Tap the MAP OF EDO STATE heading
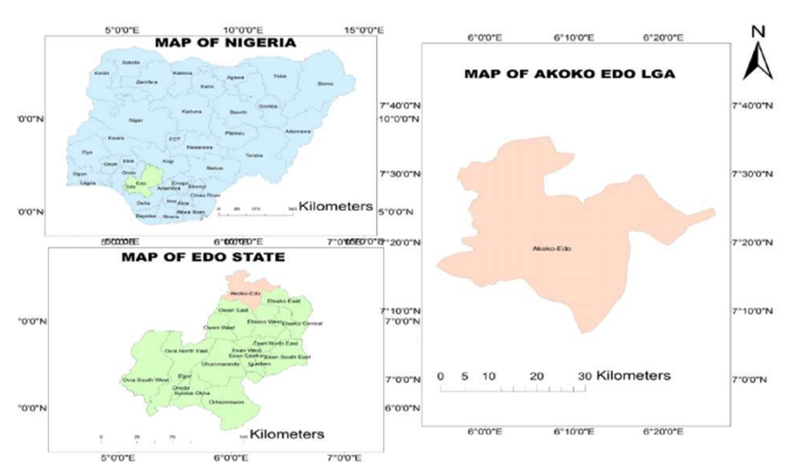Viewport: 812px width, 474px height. pyautogui.click(x=203, y=257)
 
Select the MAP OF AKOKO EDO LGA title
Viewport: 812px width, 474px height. pyautogui.click(x=569, y=74)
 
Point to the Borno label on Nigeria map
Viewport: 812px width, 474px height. pyautogui.click(x=325, y=84)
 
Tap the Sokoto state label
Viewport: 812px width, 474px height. pyautogui.click(x=130, y=62)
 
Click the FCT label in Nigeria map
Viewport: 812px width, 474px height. pyautogui.click(x=175, y=139)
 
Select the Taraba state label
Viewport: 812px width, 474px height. pyautogui.click(x=254, y=155)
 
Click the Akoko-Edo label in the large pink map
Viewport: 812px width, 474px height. pyautogui.click(x=552, y=249)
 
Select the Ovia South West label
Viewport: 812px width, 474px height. pyautogui.click(x=146, y=380)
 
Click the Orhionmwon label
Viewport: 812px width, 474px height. pyautogui.click(x=226, y=402)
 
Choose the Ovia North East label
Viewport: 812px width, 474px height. pyautogui.click(x=186, y=350)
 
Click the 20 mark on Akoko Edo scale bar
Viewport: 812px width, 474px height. pyautogui.click(x=536, y=376)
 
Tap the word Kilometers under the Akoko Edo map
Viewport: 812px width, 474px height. pyautogui.click(x=633, y=375)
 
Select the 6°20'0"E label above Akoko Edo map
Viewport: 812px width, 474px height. pyautogui.click(x=663, y=38)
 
